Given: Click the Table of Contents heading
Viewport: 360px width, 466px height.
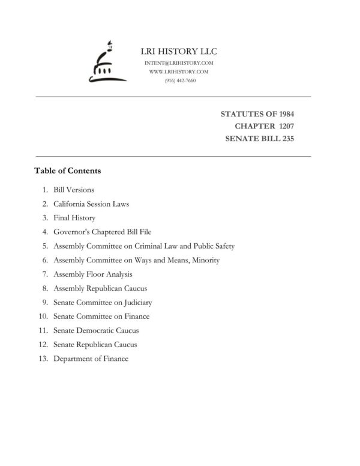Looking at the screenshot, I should pyautogui.click(x=68, y=171).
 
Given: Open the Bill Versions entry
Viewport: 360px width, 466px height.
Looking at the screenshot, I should pyautogui.click(x=74, y=190).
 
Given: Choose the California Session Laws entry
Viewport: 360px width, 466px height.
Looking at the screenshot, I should pyautogui.click(x=91, y=204).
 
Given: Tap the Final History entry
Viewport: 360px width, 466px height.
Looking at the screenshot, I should pyautogui.click(x=74, y=218).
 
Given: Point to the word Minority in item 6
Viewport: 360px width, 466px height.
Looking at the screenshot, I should pyautogui.click(x=205, y=260).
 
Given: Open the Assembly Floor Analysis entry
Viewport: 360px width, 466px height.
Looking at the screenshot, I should pyautogui.click(x=93, y=274).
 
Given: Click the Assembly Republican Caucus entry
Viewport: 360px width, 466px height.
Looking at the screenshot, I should pyautogui.click(x=100, y=288).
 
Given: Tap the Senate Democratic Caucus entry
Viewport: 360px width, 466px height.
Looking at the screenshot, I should pyautogui.click(x=96, y=331).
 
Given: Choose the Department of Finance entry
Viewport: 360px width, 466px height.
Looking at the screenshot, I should pyautogui.click(x=91, y=359).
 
